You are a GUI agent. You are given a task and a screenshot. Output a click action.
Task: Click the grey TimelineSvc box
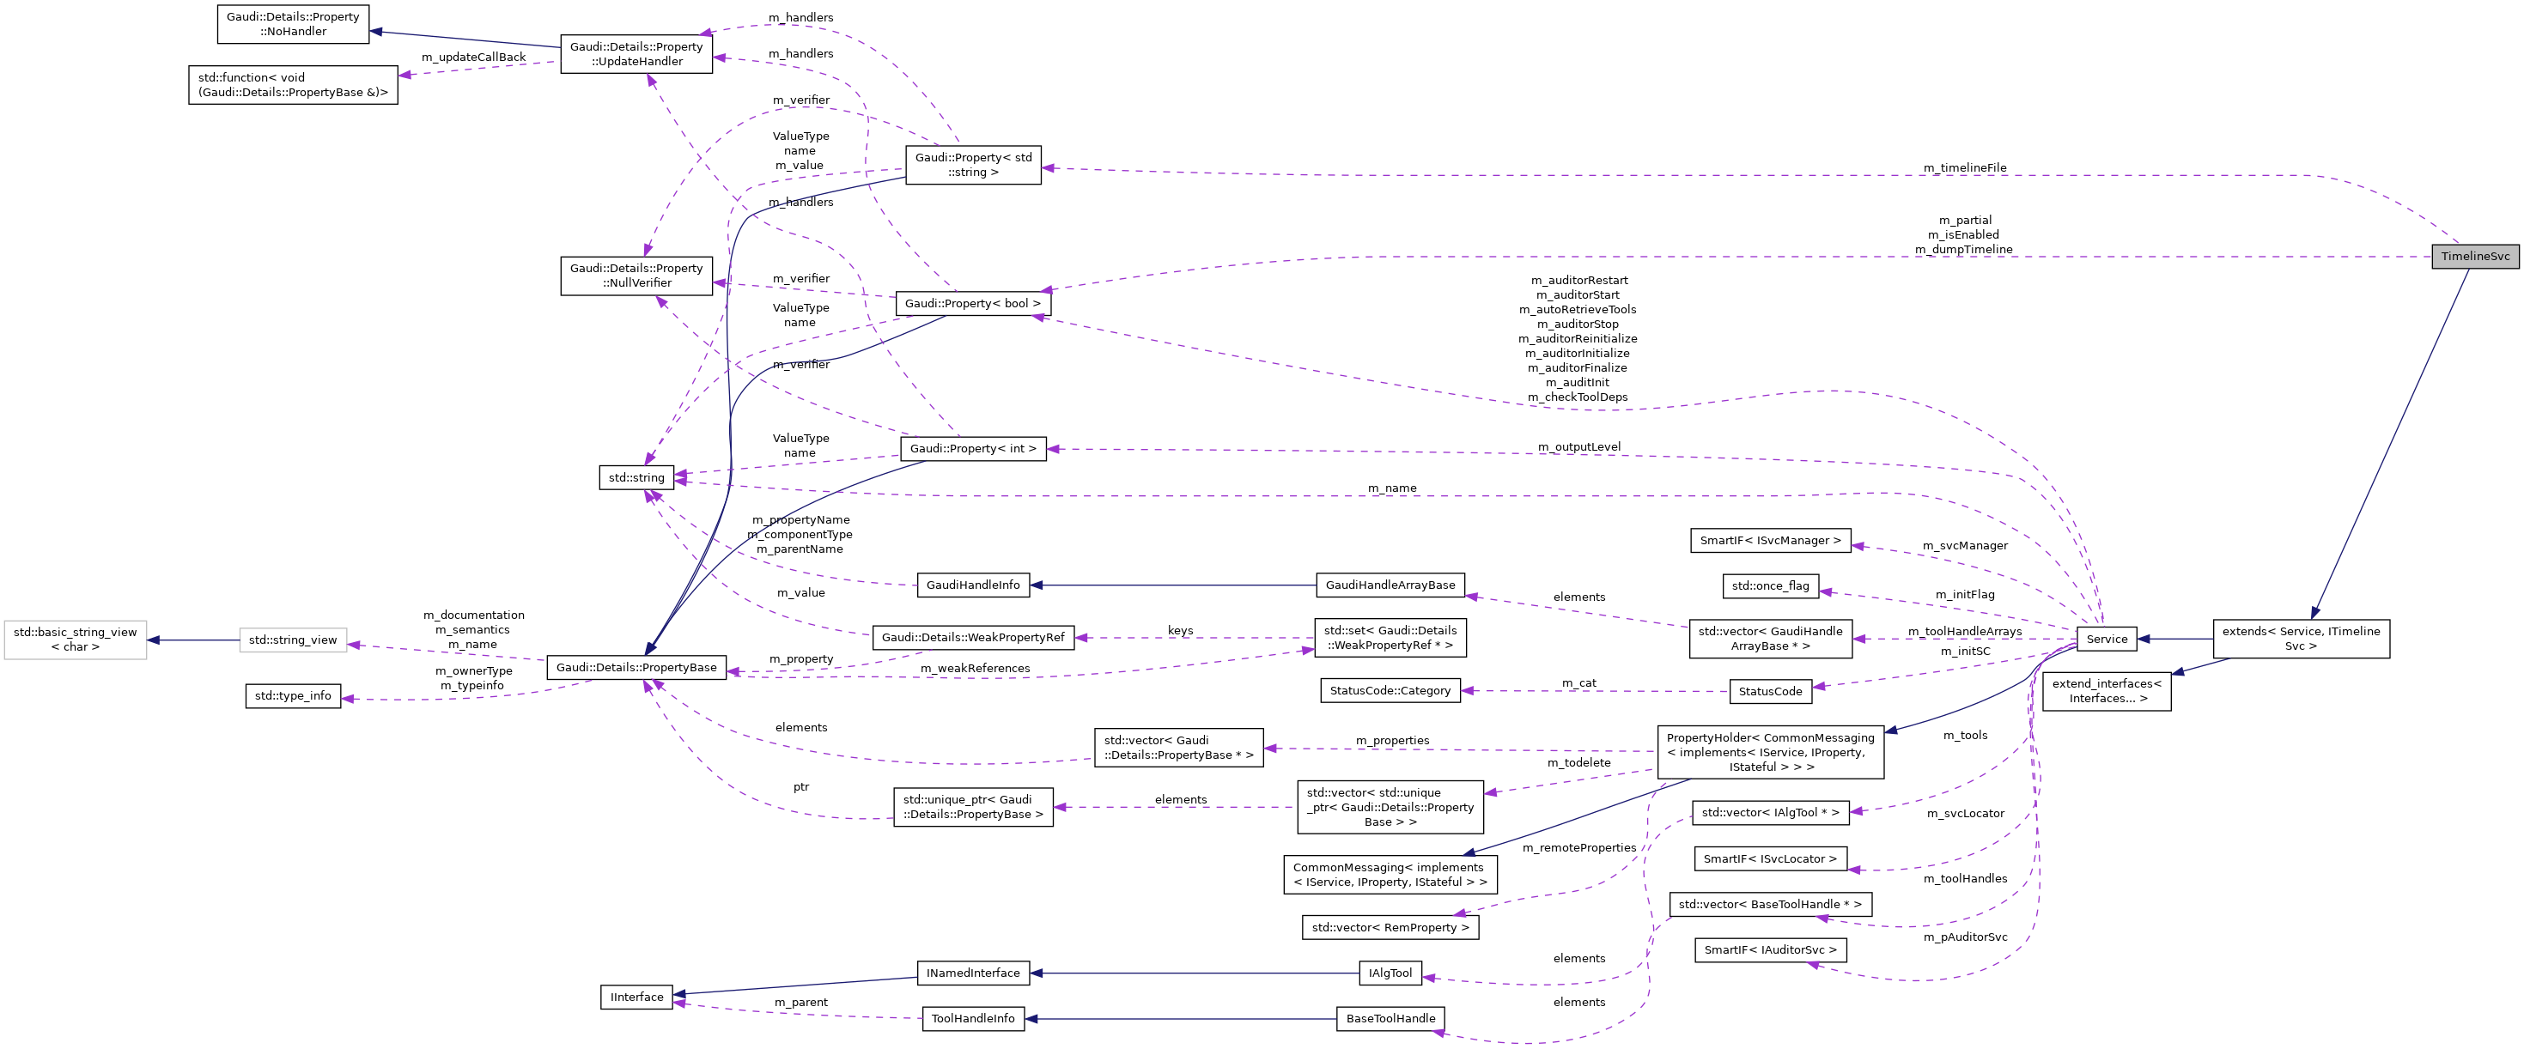[2474, 257]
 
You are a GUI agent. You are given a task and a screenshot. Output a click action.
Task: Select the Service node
[2106, 639]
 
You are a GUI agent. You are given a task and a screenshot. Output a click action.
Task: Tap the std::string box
[636, 478]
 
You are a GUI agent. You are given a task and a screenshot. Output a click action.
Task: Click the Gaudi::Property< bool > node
[972, 304]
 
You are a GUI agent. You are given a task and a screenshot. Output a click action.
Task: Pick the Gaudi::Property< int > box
[972, 449]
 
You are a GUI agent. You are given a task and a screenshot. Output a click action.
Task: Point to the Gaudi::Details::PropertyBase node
[636, 668]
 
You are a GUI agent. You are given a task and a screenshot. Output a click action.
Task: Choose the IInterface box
[636, 997]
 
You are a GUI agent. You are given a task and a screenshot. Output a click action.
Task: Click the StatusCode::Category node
[1390, 690]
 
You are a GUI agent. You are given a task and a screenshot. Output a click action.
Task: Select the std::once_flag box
[1769, 585]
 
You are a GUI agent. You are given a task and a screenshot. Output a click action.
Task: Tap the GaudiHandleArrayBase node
[1390, 585]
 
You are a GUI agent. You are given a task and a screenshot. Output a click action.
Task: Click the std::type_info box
[293, 696]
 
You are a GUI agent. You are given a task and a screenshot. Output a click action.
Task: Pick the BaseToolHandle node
[1390, 1019]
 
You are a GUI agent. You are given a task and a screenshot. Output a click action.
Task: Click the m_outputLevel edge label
[1578, 446]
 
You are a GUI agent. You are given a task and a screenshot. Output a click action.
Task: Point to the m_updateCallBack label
[473, 57]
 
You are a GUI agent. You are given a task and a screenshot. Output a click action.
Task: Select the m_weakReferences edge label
[974, 668]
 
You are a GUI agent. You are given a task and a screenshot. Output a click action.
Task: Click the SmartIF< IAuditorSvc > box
[1769, 950]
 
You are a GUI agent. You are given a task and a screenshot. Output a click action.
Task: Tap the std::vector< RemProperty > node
[1390, 928]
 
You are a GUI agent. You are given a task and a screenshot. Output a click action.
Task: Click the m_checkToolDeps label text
[1577, 397]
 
